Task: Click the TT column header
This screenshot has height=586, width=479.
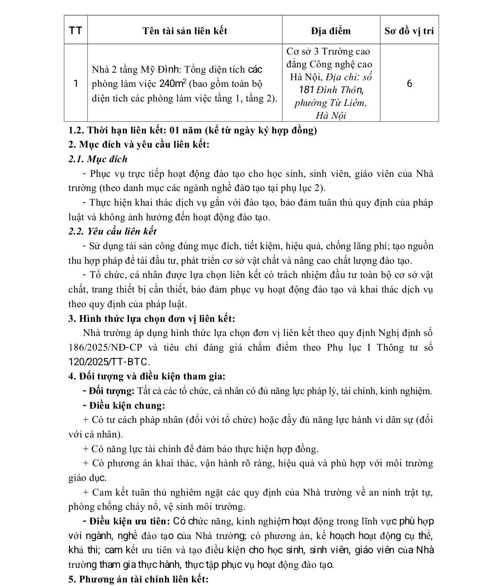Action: [x=76, y=31]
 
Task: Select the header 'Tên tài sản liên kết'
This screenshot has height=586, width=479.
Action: [x=185, y=31]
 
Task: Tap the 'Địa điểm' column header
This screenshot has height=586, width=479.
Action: [x=331, y=31]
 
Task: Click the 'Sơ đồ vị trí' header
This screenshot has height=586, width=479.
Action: [x=409, y=31]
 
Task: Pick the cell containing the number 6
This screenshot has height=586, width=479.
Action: [x=409, y=83]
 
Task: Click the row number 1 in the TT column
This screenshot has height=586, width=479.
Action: [x=76, y=83]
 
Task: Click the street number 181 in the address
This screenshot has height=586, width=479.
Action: [x=306, y=90]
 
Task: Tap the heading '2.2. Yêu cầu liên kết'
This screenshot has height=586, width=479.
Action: [x=112, y=231]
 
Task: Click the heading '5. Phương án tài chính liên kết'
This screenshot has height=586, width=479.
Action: [x=138, y=579]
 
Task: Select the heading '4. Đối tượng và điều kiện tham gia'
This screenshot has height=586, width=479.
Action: [x=147, y=376]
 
